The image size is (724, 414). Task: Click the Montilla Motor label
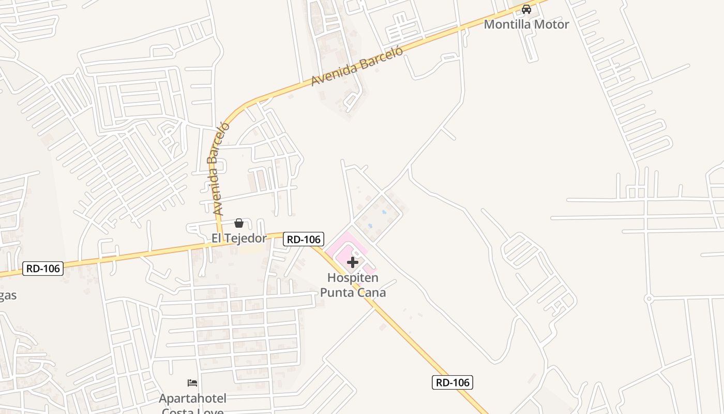pos(526,24)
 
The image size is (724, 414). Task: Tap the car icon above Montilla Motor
pos(526,9)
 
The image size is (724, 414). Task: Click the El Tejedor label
pos(239,238)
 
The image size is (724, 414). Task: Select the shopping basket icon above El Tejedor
pos(239,223)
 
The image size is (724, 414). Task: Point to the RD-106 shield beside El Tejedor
pos(304,239)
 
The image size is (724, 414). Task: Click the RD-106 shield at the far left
pos(43,269)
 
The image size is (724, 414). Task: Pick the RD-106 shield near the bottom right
pos(452,382)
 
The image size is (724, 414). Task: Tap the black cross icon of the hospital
pos(353,262)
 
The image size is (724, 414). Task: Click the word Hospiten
pos(353,278)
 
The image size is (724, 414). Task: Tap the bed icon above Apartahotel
pos(192,383)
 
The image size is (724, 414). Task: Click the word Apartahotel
pos(192,398)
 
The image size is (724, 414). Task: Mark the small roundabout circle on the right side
pos(648,299)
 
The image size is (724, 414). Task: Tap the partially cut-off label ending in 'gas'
pos(8,296)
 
